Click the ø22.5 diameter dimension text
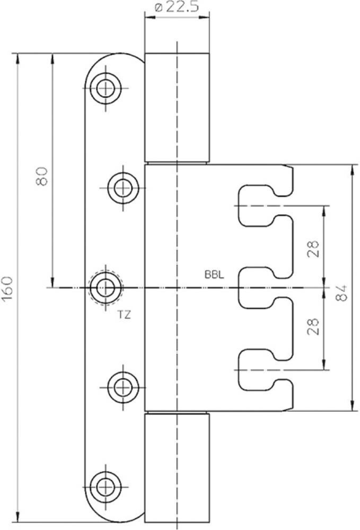177,8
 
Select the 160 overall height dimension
8,289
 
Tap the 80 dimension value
42,176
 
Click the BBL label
214,275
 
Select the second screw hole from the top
124,187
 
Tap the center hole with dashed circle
106,288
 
